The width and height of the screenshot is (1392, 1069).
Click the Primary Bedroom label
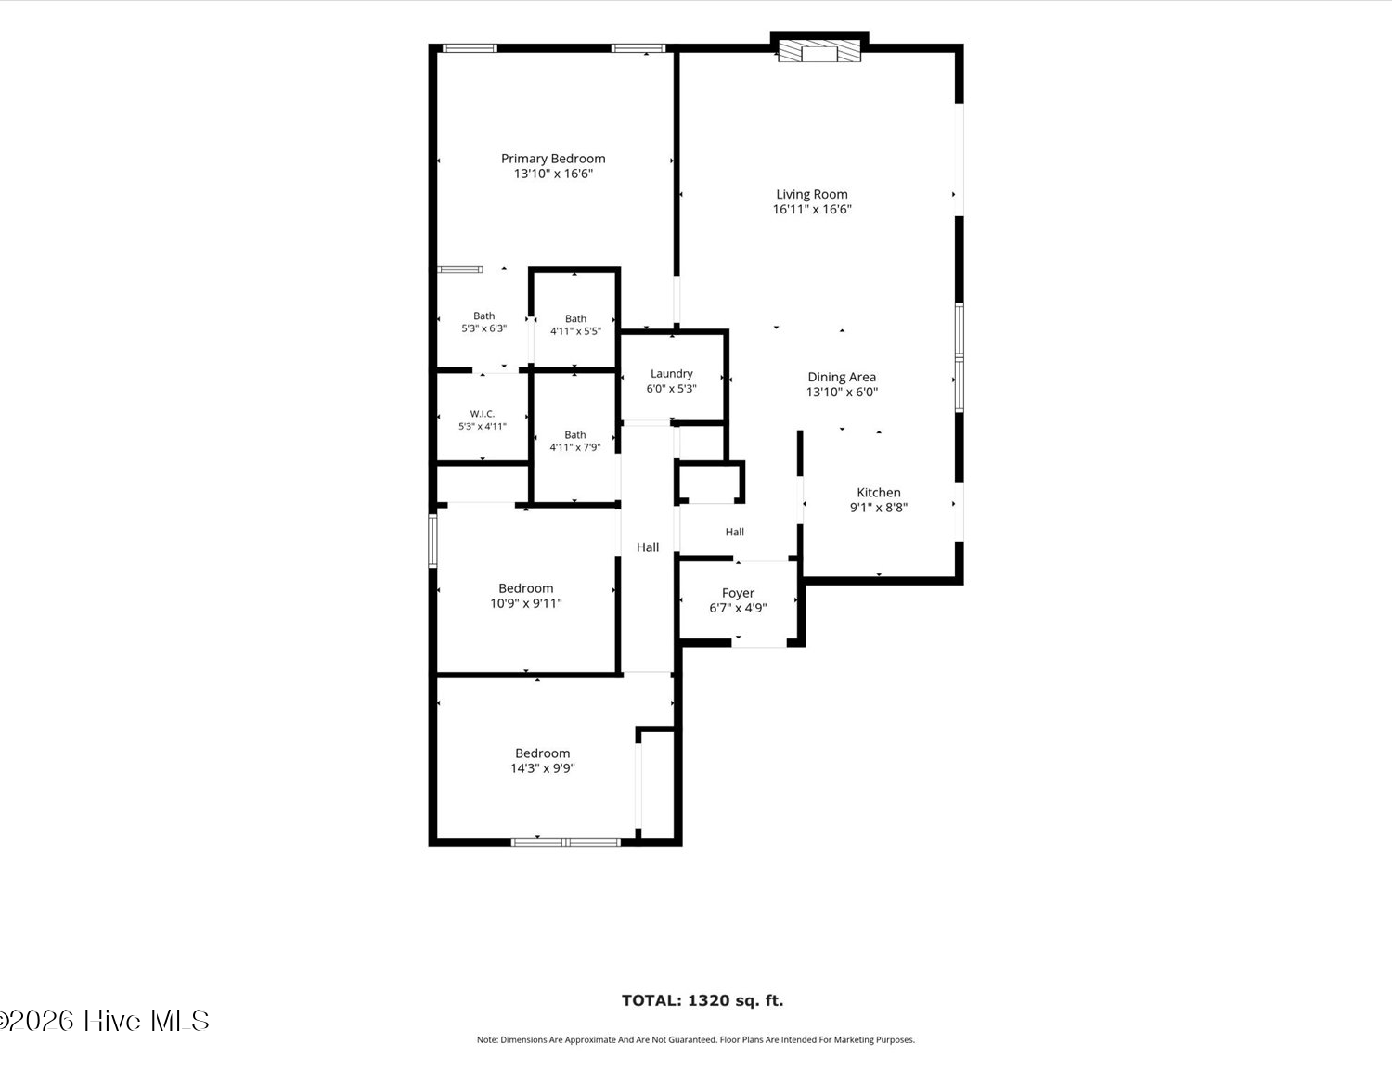point(553,158)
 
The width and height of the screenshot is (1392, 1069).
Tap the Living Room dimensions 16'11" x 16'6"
point(812,209)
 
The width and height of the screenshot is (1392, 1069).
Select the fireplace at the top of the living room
point(819,51)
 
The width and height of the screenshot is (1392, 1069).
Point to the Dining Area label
point(842,378)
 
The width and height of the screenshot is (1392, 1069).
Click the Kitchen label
point(878,493)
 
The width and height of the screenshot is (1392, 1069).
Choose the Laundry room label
point(671,373)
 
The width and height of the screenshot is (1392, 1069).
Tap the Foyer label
point(738,593)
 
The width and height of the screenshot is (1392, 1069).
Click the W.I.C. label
point(483,414)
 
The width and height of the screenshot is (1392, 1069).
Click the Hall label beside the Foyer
point(735,532)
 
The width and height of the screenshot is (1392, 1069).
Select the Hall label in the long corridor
point(648,547)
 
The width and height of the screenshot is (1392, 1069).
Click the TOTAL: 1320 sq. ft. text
point(702,1000)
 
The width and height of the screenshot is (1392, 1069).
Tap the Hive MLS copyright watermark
point(104,1021)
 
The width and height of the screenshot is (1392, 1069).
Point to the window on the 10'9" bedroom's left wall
point(432,541)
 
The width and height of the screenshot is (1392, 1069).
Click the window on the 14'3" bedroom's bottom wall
point(566,843)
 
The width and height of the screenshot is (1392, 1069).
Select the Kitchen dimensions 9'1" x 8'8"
point(878,508)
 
